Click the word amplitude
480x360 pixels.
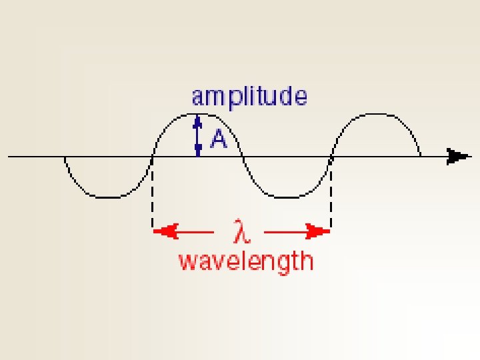point(249,97)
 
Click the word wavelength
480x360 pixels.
point(245,261)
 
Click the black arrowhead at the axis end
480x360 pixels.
point(459,157)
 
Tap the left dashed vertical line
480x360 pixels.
point(153,193)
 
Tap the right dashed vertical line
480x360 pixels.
point(331,193)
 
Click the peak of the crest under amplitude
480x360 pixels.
point(197,114)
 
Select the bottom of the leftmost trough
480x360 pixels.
point(109,197)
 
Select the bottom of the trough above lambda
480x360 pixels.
point(287,197)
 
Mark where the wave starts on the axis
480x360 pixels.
point(65,157)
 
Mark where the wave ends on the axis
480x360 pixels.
point(420,157)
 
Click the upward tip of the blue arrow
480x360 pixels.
point(197,118)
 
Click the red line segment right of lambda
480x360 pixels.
point(287,231)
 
